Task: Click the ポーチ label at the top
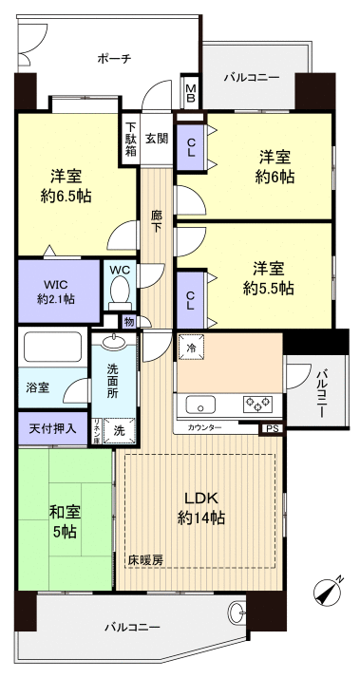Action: pos(113,59)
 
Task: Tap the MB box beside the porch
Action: pos(191,93)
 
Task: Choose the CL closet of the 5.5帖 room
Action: pos(190,299)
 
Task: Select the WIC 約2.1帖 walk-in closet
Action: pos(57,292)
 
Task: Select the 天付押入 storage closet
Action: pos(52,429)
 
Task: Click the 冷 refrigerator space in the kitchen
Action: pos(190,348)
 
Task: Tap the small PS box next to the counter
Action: pos(273,428)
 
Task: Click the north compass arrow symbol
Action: pos(328,591)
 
